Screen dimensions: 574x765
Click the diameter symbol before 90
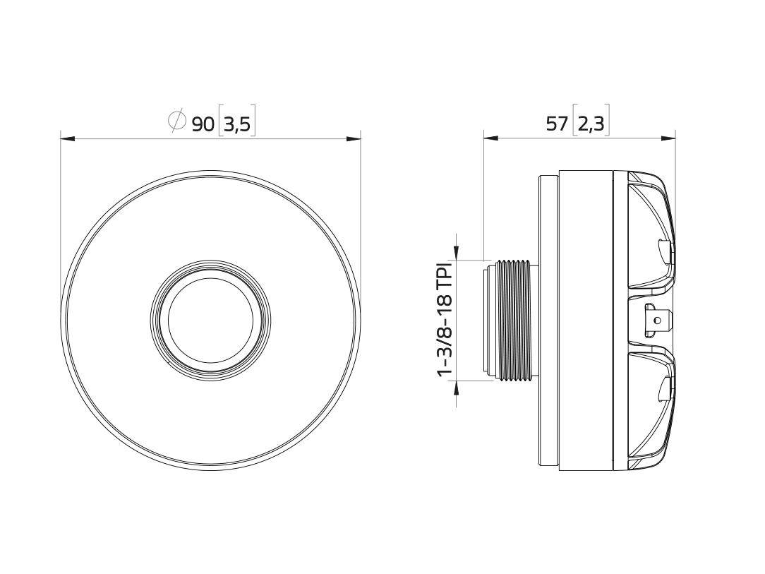pos(176,121)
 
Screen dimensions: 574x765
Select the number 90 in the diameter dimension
pos(203,124)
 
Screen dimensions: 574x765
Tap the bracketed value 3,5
pos(236,124)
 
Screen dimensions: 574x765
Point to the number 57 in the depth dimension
pos(557,124)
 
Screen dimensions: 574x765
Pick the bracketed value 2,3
pos(591,124)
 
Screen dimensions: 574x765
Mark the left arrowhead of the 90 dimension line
pos(68,138)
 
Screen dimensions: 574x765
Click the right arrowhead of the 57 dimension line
pos(668,138)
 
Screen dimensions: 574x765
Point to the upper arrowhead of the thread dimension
pos(457,253)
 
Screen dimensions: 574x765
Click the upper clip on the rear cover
pos(665,251)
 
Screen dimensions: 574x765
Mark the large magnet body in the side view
pos(584,321)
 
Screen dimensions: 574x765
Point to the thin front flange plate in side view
pos(548,321)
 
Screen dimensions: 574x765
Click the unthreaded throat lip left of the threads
pos(488,321)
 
